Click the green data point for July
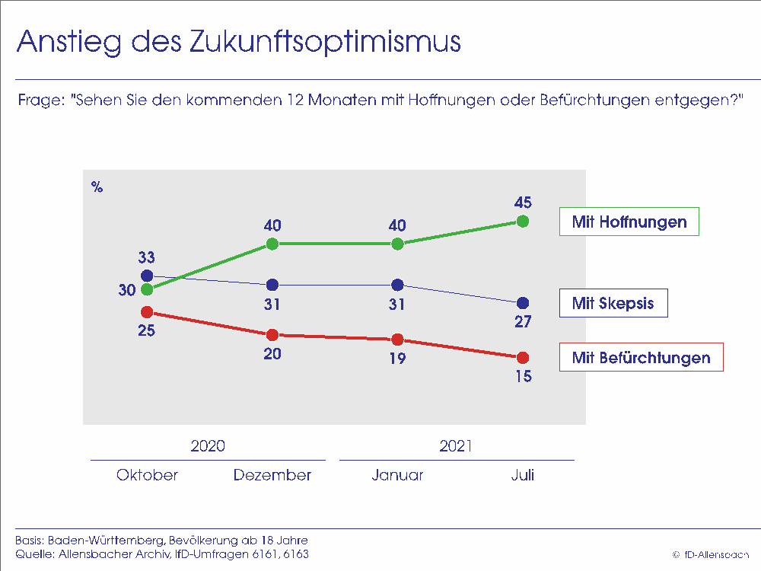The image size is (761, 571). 522,221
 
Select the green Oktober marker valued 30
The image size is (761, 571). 148,289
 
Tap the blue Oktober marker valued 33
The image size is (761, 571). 148,276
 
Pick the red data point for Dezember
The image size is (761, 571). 272,335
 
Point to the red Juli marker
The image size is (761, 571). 522,358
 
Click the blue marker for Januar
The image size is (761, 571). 397,285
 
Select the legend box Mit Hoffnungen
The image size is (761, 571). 629,222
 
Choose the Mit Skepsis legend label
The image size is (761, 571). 613,303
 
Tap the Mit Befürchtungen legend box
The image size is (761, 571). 641,357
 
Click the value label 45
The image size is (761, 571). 522,203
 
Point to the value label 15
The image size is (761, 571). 522,376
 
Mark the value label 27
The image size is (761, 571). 522,321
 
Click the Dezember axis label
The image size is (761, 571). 272,475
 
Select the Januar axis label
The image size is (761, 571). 397,475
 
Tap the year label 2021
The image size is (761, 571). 456,446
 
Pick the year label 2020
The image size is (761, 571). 208,446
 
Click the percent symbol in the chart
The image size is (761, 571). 97,187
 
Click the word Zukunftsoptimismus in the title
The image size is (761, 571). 323,42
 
